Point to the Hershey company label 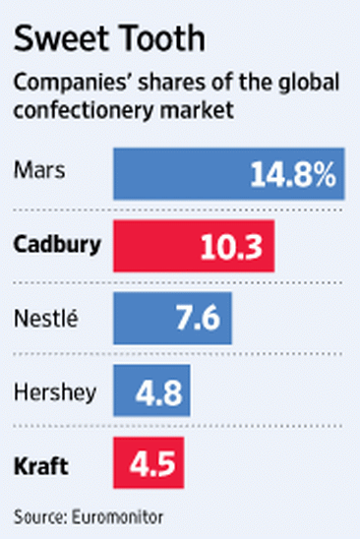(x=55, y=391)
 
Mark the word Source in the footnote (x=36, y=514)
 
